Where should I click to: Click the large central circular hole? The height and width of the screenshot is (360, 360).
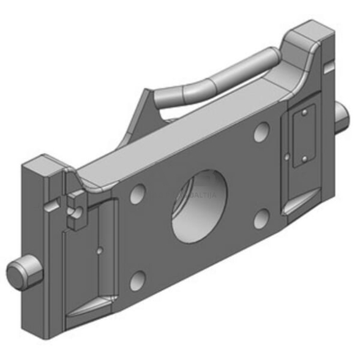tap(198, 204)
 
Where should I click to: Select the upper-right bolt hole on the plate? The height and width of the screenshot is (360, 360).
tap(261, 130)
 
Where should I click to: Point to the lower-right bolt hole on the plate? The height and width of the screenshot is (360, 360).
tap(261, 219)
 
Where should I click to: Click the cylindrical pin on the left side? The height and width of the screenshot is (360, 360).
tap(24, 272)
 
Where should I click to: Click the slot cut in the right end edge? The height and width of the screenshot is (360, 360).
tap(331, 64)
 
